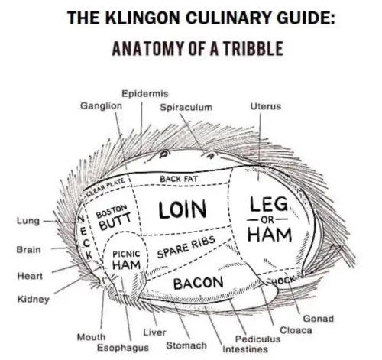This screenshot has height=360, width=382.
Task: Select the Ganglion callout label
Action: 101,105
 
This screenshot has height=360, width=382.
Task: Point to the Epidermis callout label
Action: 145,93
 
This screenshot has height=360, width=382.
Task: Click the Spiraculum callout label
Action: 186,107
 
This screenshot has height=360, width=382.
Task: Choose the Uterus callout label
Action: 265,106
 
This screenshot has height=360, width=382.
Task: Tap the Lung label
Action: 28,221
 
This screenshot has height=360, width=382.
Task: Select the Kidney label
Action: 33,299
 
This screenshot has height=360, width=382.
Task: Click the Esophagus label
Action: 123,348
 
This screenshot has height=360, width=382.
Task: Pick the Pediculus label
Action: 257,339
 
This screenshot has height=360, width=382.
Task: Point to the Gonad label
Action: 318,319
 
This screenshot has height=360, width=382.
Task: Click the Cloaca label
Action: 296,330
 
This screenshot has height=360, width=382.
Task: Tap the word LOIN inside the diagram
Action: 183,209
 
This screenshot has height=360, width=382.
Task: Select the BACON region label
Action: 198,283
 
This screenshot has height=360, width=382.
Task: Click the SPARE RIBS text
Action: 186,247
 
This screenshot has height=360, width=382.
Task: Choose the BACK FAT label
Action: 179,179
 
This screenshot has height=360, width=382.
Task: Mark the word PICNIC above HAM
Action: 126,254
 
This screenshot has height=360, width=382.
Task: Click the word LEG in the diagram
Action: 269,204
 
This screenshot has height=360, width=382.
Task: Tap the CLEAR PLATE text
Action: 105,187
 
